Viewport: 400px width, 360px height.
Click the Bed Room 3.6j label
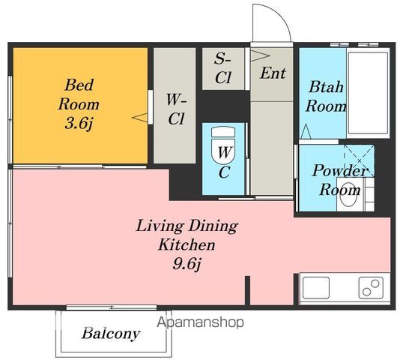[x=79, y=104]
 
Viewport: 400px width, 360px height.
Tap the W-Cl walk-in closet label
[x=176, y=109]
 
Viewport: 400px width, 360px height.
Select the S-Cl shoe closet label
[x=223, y=67]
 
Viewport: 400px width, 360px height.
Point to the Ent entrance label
[x=273, y=73]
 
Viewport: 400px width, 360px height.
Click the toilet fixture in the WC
[x=223, y=145]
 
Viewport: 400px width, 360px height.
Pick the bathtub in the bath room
[x=368, y=93]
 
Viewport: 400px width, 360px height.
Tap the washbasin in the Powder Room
[x=349, y=194]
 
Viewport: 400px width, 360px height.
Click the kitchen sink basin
[x=316, y=287]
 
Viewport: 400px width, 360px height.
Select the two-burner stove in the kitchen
[x=372, y=288]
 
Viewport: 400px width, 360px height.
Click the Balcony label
[x=111, y=334]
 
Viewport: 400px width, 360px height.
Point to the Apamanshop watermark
[x=200, y=322]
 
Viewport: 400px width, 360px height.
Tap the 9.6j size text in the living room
[x=187, y=263]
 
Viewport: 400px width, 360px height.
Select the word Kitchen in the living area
[x=187, y=244]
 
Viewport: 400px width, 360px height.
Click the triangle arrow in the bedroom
[x=140, y=118]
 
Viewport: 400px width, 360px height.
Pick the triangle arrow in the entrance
[x=260, y=55]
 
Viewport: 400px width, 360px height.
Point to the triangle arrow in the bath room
[x=306, y=131]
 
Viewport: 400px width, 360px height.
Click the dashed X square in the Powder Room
[x=360, y=160]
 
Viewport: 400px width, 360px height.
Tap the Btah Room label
[x=326, y=96]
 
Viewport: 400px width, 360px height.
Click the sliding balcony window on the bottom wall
[x=112, y=307]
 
